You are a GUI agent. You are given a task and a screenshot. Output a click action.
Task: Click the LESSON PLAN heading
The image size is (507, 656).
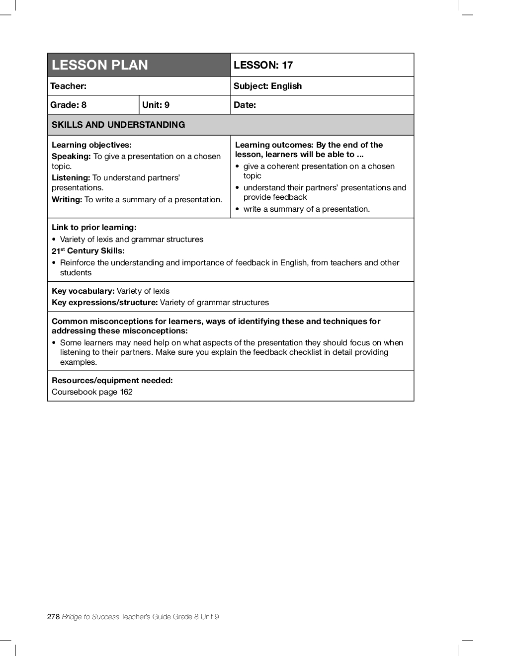(x=100, y=65)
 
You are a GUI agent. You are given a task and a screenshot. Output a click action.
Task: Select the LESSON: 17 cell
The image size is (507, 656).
(x=263, y=65)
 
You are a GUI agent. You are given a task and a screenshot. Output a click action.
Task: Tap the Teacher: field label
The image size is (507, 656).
(x=69, y=86)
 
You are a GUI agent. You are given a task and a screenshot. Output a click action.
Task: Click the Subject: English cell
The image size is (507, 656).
(x=268, y=86)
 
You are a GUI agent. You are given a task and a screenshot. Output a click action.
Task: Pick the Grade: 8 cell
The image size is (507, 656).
(x=69, y=105)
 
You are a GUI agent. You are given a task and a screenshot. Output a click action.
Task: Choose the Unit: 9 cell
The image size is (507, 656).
(x=156, y=105)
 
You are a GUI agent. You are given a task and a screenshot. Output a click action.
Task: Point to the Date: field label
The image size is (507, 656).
(x=245, y=105)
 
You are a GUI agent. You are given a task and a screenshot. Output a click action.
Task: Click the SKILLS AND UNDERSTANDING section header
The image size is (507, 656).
(x=118, y=125)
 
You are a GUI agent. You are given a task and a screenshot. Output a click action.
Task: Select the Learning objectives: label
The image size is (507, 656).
(x=91, y=145)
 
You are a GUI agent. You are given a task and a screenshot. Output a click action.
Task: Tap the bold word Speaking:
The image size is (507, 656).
(x=71, y=157)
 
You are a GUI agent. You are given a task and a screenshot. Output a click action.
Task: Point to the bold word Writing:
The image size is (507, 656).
(x=67, y=200)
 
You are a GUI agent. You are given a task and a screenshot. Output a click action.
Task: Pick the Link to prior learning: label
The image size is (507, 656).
(x=94, y=228)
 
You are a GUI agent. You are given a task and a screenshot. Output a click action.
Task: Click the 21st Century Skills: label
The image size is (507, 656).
(x=88, y=251)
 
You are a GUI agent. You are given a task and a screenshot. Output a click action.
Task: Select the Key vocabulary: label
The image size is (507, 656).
(x=83, y=291)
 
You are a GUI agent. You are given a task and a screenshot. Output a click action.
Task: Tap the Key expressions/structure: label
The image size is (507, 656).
(x=105, y=303)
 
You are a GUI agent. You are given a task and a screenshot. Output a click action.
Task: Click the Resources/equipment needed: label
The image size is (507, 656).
(x=112, y=381)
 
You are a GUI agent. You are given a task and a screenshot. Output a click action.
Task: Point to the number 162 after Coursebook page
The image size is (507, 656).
(x=126, y=392)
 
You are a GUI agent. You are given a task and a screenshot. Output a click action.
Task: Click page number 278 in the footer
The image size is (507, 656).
(x=53, y=617)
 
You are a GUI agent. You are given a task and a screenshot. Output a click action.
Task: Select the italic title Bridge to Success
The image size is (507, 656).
(x=90, y=617)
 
